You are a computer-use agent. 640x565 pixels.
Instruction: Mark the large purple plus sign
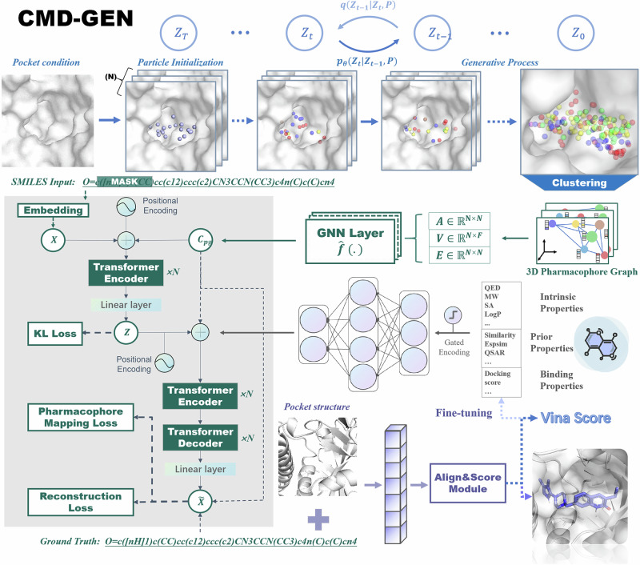[x=317, y=521]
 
